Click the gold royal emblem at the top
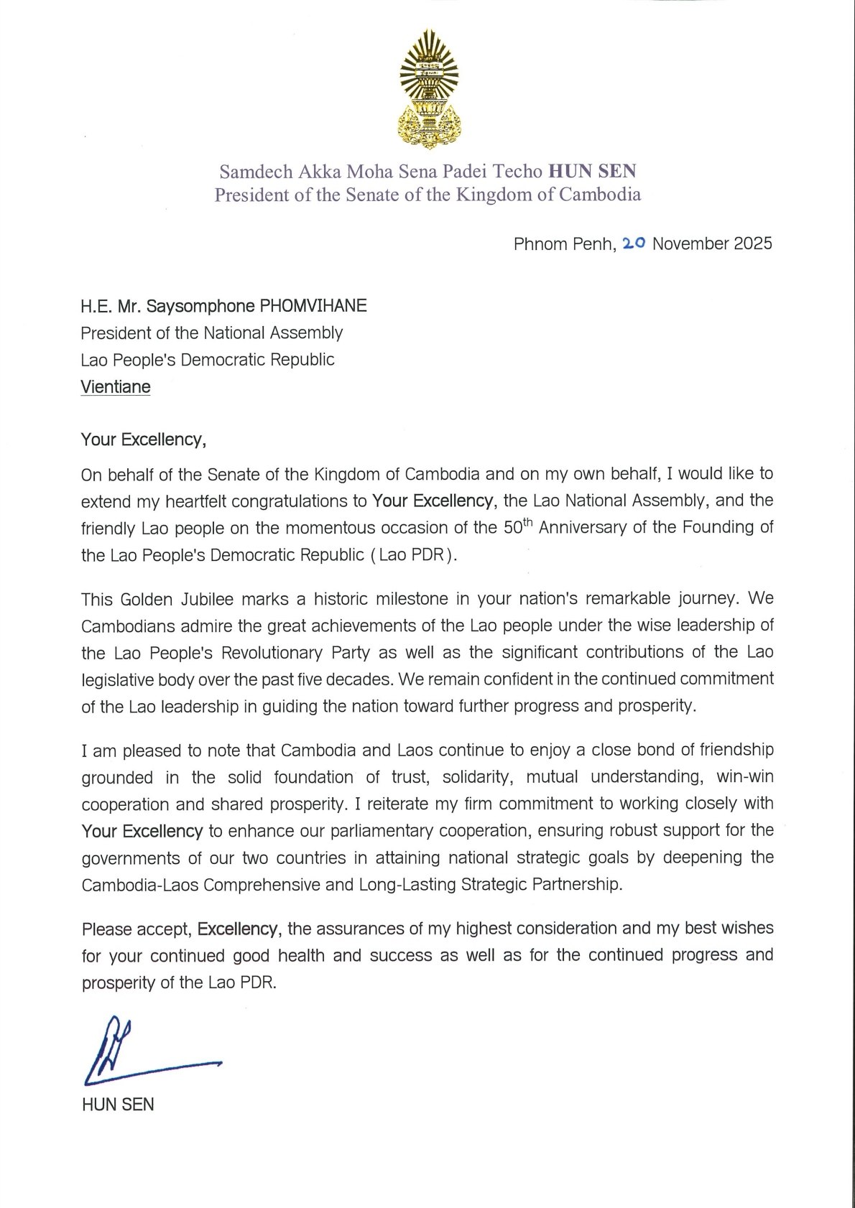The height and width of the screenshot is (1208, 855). click(x=429, y=89)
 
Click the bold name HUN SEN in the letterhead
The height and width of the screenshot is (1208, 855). click(x=592, y=171)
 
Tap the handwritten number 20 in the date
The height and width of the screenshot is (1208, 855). click(x=634, y=243)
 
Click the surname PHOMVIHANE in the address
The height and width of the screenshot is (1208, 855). click(x=313, y=306)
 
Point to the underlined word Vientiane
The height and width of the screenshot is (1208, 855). click(x=116, y=387)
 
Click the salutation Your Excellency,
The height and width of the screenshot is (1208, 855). click(x=144, y=440)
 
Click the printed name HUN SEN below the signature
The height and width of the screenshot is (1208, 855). click(x=118, y=1105)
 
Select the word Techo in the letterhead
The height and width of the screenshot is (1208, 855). click(x=517, y=171)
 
